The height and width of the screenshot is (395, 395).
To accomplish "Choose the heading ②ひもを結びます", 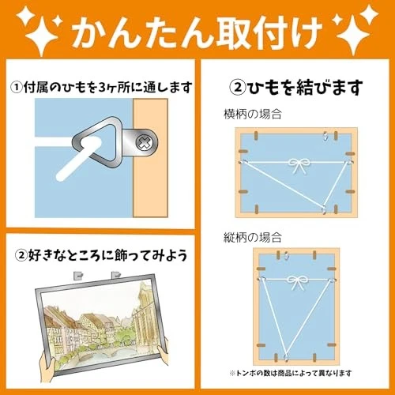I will click(x=296, y=86).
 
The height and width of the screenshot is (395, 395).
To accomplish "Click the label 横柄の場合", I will click(x=246, y=115).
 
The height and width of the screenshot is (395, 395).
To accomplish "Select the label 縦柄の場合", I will click(x=246, y=235).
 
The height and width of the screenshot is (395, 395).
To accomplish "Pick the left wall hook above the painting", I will click(x=80, y=276).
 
